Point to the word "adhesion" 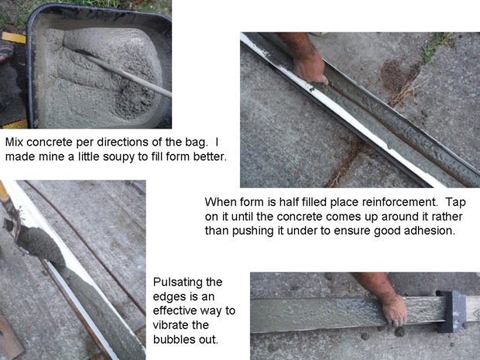click(429, 231)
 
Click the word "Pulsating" click(187, 282)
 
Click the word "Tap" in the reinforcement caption click(455, 202)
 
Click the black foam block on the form click(451, 311)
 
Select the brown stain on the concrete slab click(397, 76)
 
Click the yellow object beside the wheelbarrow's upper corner click(13, 37)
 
